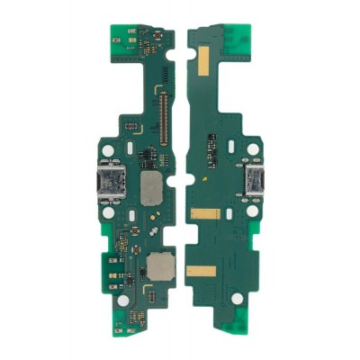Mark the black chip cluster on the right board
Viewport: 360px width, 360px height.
click(x=212, y=144)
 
